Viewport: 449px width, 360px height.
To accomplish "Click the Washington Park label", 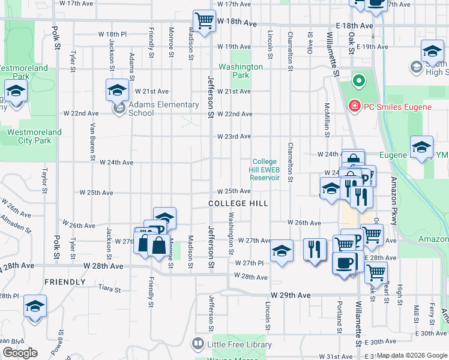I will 240,71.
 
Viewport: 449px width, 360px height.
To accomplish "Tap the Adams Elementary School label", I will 163,109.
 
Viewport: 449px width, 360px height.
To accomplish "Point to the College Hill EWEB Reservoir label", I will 265,170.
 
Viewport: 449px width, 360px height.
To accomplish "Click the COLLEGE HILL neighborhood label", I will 238,203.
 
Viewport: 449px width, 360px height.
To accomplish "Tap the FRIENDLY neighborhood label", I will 65,281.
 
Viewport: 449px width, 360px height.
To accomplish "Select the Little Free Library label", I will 240,344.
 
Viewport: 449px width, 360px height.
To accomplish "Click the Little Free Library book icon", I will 197,344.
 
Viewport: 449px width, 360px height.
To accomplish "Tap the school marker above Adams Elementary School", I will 117,91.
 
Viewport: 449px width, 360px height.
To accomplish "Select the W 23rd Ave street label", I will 234,136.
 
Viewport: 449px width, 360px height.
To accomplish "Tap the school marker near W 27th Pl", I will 282,251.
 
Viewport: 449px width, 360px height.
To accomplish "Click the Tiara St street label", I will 109,289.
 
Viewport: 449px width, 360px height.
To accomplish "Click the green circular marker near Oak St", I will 358,80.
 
